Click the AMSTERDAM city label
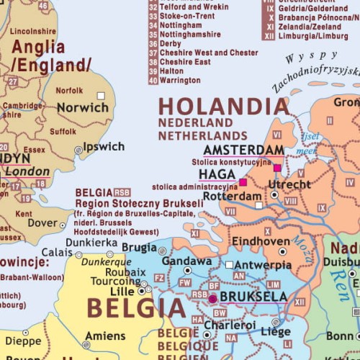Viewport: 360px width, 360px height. (x=243, y=150)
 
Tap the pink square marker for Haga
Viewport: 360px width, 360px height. (x=243, y=182)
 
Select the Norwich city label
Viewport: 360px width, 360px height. (x=82, y=107)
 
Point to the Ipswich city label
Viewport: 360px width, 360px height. (x=104, y=147)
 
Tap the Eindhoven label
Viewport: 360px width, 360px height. (x=260, y=242)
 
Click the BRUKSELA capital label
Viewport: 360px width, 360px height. (x=253, y=296)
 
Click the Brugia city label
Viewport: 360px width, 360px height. (x=139, y=248)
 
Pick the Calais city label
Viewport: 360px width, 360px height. (x=57, y=253)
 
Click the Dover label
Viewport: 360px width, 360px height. (x=42, y=224)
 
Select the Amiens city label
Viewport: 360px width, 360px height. (x=105, y=336)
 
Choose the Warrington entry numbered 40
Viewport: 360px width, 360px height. (x=180, y=81)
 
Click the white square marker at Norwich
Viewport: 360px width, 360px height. (x=101, y=95)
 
